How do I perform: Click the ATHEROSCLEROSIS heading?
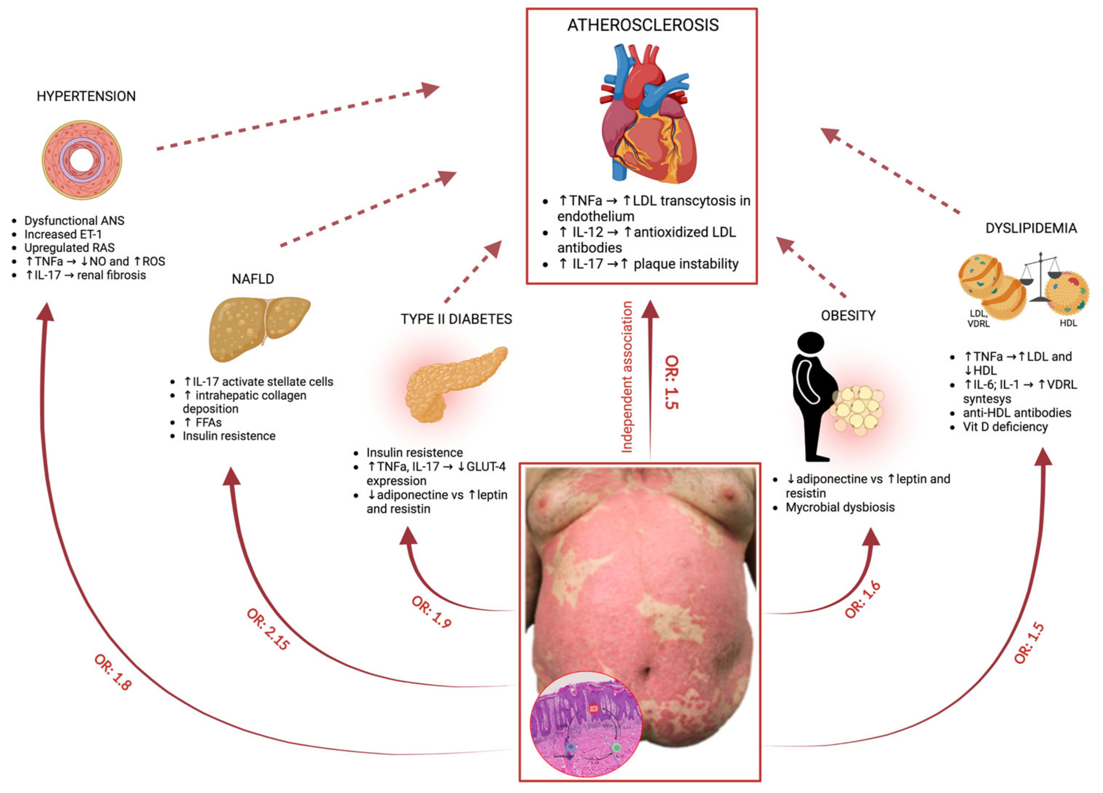tap(642, 25)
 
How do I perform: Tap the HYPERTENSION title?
tap(86, 96)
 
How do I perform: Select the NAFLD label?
tap(252, 279)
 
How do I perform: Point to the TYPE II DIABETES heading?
tap(456, 319)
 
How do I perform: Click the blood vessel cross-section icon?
tap(82, 160)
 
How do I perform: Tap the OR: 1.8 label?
tap(113, 672)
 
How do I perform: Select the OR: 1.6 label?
tap(862, 599)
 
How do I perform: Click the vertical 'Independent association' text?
tap(627, 377)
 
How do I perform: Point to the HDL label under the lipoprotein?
tap(1068, 323)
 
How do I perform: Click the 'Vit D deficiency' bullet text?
tap(1005, 427)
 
